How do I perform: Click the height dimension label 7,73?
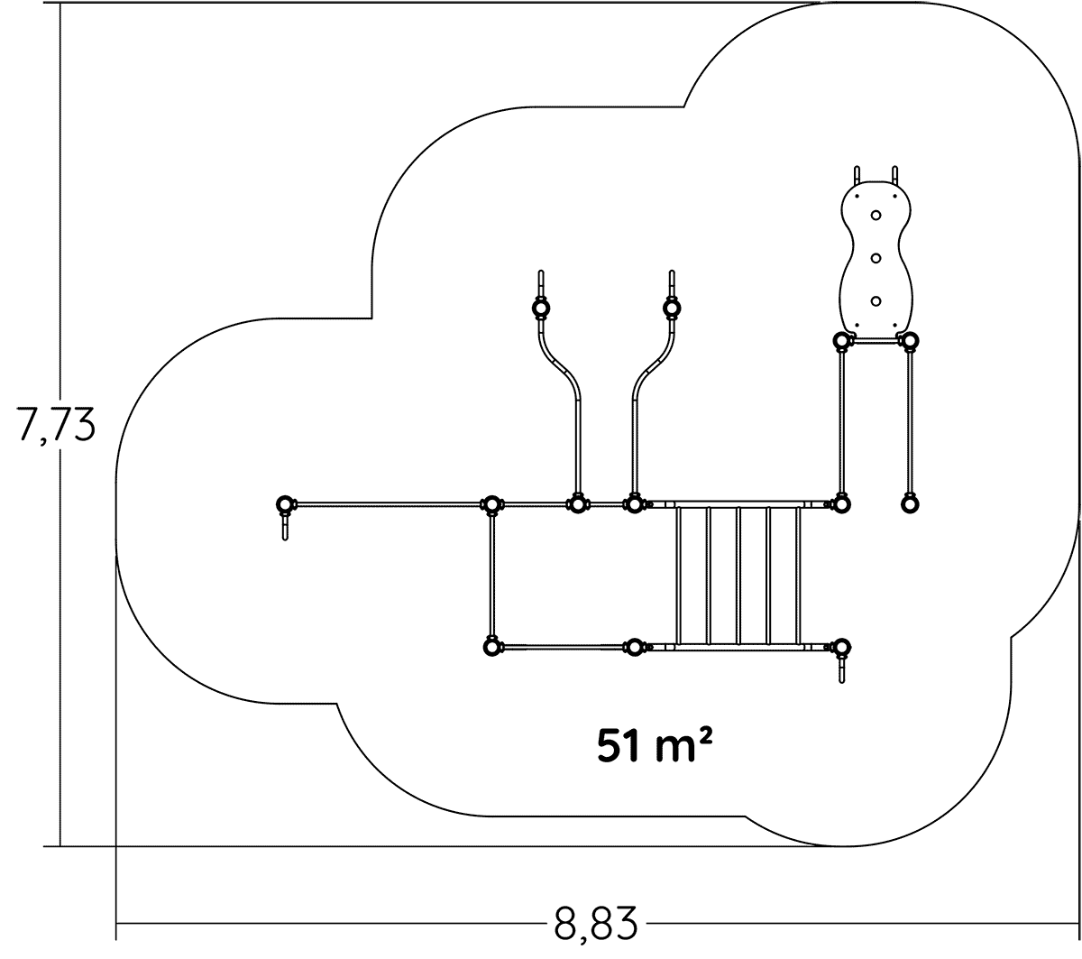click(x=56, y=424)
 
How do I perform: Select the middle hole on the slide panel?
click(x=876, y=258)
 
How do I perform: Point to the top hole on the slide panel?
click(x=876, y=216)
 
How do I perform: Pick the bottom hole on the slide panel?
click(x=876, y=300)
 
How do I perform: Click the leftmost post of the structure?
click(x=285, y=503)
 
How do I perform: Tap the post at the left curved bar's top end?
click(x=540, y=309)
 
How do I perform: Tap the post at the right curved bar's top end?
click(x=671, y=309)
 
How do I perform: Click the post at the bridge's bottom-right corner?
click(x=841, y=647)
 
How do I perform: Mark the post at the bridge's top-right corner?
click(x=841, y=503)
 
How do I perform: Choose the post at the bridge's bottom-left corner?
click(x=635, y=647)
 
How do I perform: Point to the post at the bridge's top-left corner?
click(x=635, y=503)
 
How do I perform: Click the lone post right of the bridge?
click(x=910, y=503)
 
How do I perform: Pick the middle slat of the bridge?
click(x=738, y=576)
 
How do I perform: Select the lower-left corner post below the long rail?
click(x=491, y=647)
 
